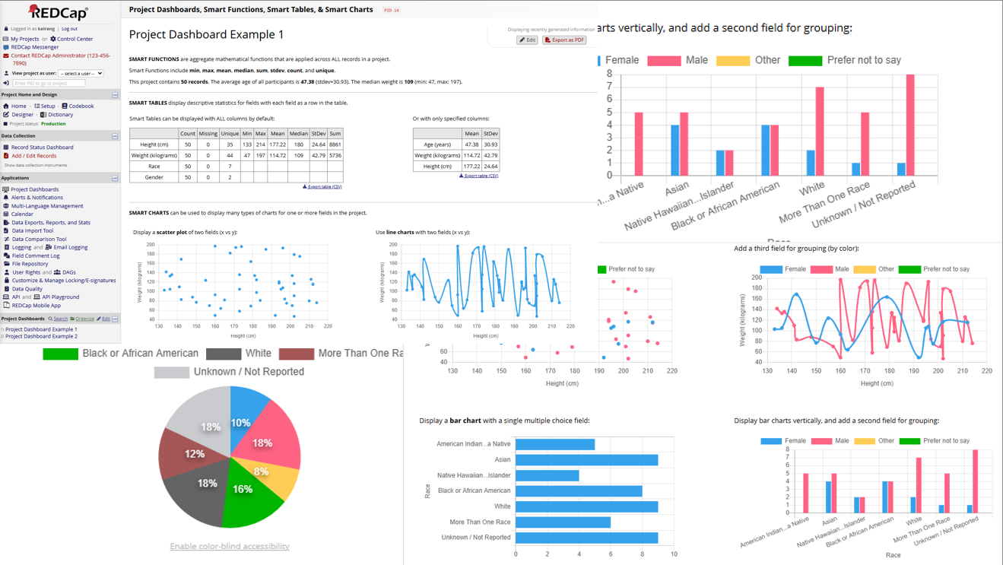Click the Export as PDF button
click(564, 40)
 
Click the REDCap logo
click(59, 12)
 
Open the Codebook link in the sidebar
click(81, 106)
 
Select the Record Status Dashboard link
click(42, 148)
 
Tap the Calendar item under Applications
click(22, 214)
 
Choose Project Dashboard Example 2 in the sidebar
click(41, 336)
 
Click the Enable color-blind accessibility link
click(229, 546)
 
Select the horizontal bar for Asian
click(586, 460)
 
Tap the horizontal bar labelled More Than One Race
click(563, 522)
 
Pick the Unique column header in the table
click(230, 133)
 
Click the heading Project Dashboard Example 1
click(206, 35)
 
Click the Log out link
click(69, 29)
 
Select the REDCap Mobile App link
click(36, 306)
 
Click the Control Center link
click(75, 39)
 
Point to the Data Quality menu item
click(27, 289)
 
